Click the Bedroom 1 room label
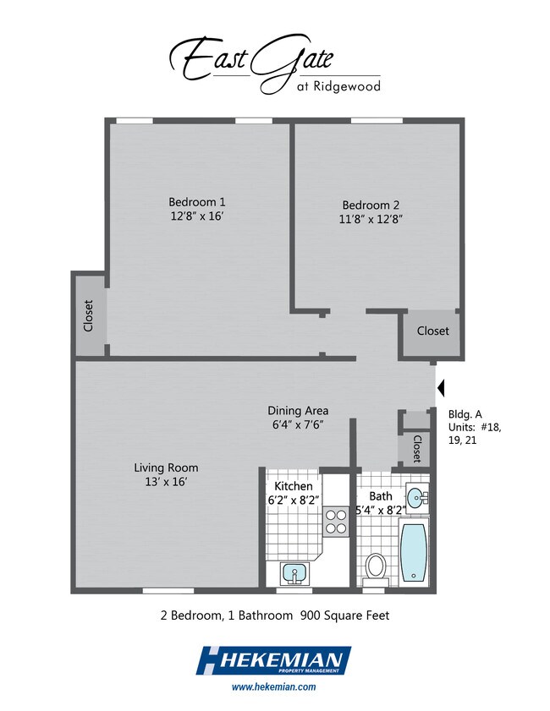tap(197, 202)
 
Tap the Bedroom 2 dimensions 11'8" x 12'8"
tap(371, 219)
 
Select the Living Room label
tap(166, 468)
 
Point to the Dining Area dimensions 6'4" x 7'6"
tap(298, 425)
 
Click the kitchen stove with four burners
tap(336, 522)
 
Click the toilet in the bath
tap(376, 570)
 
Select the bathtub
tap(414, 552)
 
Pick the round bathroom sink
tap(416, 498)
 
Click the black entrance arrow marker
tap(441, 388)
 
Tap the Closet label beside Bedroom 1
tap(88, 315)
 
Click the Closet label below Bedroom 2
tap(433, 331)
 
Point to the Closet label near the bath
tap(417, 449)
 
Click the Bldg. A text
tap(465, 414)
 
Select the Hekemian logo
tap(273, 660)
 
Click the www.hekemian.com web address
tap(273, 686)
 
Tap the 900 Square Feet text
tap(345, 615)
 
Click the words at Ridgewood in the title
tap(338, 86)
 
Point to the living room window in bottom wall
tap(168, 590)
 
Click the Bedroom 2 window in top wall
tap(377, 121)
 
